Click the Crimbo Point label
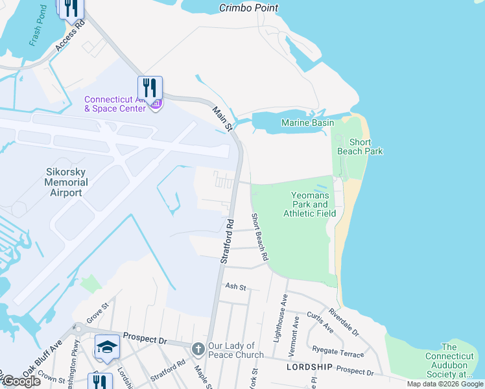pyautogui.click(x=248, y=8)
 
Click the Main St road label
pyautogui.click(x=222, y=120)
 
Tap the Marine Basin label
pyautogui.click(x=307, y=123)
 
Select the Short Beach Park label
pyautogui.click(x=360, y=147)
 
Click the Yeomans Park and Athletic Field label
pyautogui.click(x=309, y=204)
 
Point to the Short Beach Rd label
pyautogui.click(x=260, y=237)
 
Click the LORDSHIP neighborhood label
pyautogui.click(x=309, y=367)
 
